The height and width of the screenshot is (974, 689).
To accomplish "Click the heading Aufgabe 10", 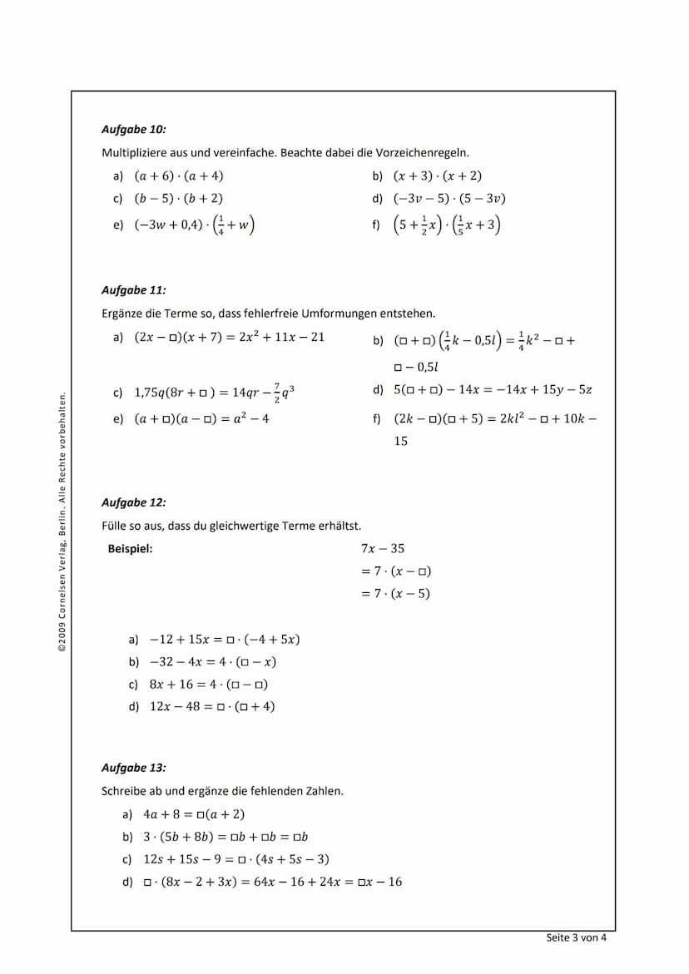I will click(133, 130).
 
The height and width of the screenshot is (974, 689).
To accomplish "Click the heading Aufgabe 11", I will click(133, 290).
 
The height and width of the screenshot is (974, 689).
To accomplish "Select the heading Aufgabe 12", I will click(133, 502).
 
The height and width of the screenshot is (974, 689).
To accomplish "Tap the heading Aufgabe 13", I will click(133, 768).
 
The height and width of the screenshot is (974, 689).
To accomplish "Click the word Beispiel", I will click(131, 548).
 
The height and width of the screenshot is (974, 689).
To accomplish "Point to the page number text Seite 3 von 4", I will click(576, 937).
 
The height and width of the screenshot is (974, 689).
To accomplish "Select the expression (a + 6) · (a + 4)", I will click(179, 176).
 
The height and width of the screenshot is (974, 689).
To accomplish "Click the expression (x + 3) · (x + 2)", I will click(438, 176).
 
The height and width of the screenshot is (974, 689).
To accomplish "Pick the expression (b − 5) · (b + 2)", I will click(179, 199).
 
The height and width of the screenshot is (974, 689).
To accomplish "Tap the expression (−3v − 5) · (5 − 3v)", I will click(450, 199).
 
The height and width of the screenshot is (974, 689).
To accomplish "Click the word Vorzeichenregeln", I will click(427, 153).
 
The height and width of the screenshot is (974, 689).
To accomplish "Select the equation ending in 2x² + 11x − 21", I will click(230, 337).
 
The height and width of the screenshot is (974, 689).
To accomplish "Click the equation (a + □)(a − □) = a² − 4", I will click(202, 419).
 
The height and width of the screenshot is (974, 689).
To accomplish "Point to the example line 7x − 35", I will click(383, 549).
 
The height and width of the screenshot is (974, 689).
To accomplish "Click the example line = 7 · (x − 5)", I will click(395, 594).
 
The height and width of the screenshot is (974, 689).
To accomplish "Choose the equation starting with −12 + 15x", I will click(225, 640).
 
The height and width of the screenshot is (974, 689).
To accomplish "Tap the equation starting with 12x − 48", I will click(212, 707).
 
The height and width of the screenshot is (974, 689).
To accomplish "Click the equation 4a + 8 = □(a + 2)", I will click(194, 814).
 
